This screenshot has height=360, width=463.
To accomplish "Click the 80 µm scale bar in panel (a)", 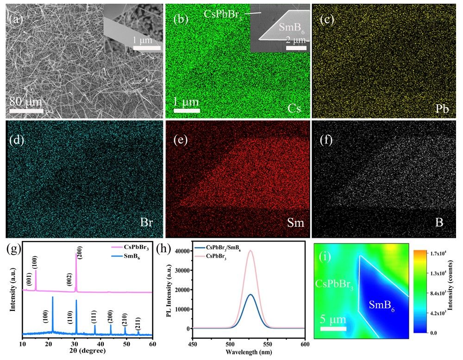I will coord(26,111).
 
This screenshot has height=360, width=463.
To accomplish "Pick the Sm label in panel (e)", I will coord(294,223).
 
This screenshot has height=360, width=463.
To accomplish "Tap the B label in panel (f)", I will coord(438,222).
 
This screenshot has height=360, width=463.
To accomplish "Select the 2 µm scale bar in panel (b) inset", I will coord(296,47).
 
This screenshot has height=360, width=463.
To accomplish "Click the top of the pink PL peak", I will coord(250,251).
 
